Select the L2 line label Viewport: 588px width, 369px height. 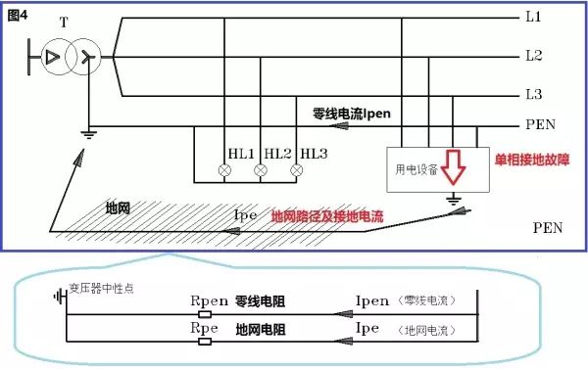534,56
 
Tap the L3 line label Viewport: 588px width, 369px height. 534,93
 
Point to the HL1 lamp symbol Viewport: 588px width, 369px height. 225,170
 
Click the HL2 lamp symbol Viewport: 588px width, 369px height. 262,170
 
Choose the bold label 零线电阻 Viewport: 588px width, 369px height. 259,301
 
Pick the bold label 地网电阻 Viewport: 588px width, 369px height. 259,329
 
